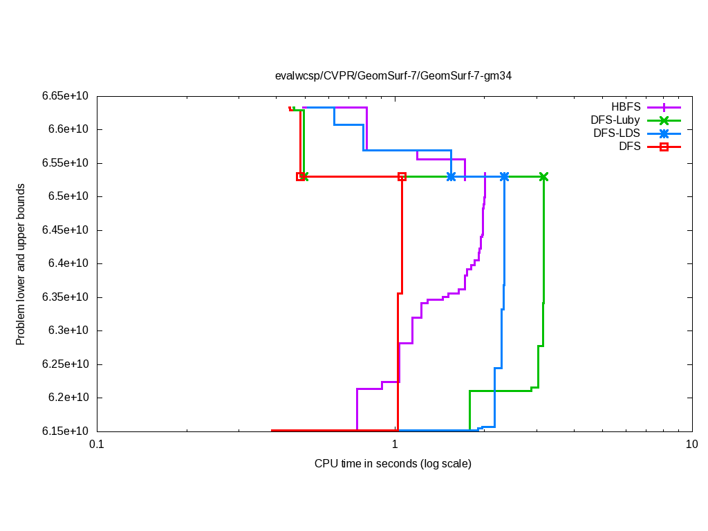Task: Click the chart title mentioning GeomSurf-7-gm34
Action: click(393, 76)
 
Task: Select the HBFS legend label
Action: click(625, 107)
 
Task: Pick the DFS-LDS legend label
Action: click(616, 133)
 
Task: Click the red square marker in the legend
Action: click(664, 147)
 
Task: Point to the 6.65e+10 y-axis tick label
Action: click(66, 96)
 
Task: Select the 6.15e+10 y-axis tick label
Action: click(66, 431)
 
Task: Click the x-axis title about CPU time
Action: click(393, 464)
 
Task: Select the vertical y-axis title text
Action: click(21, 265)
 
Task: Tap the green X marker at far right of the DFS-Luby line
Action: click(543, 177)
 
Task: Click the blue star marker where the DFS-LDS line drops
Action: click(504, 177)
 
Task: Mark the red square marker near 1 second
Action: click(402, 177)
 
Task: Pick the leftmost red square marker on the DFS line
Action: click(300, 177)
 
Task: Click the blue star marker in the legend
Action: click(664, 133)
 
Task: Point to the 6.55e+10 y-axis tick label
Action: click(66, 163)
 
